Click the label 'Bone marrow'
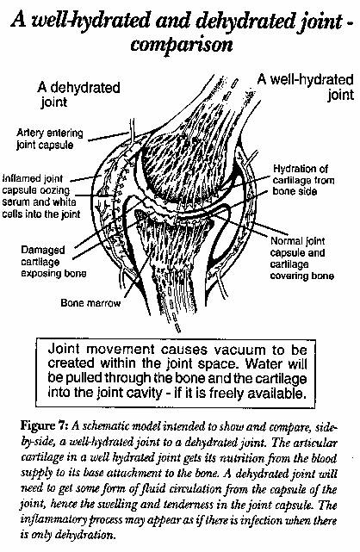click(x=90, y=303)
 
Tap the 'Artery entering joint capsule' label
click(x=50, y=139)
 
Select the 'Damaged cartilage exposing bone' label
click(x=53, y=262)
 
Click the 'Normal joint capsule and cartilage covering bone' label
click(x=302, y=258)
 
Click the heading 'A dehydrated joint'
click(x=78, y=95)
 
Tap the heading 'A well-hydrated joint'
click(x=306, y=87)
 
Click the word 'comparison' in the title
click(x=182, y=45)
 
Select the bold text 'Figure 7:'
click(x=44, y=425)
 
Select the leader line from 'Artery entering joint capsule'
click(x=109, y=137)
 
